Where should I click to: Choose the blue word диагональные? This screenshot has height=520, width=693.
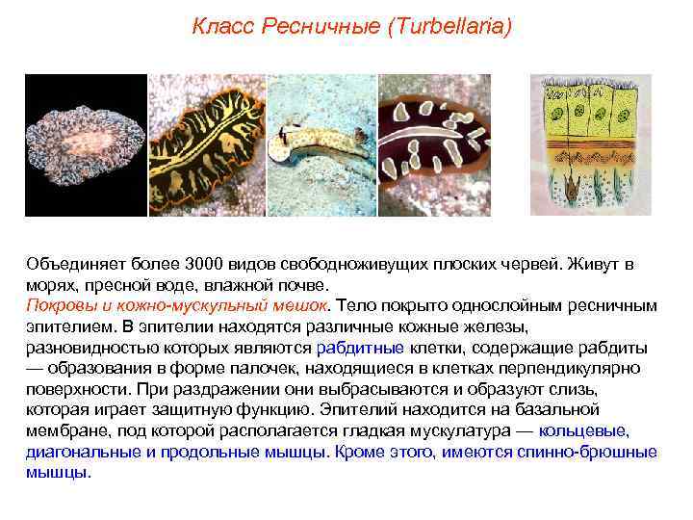74,452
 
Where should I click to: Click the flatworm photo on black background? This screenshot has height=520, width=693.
85,144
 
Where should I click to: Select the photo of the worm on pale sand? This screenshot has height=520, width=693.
321,144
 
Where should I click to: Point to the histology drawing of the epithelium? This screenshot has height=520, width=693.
590,144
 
